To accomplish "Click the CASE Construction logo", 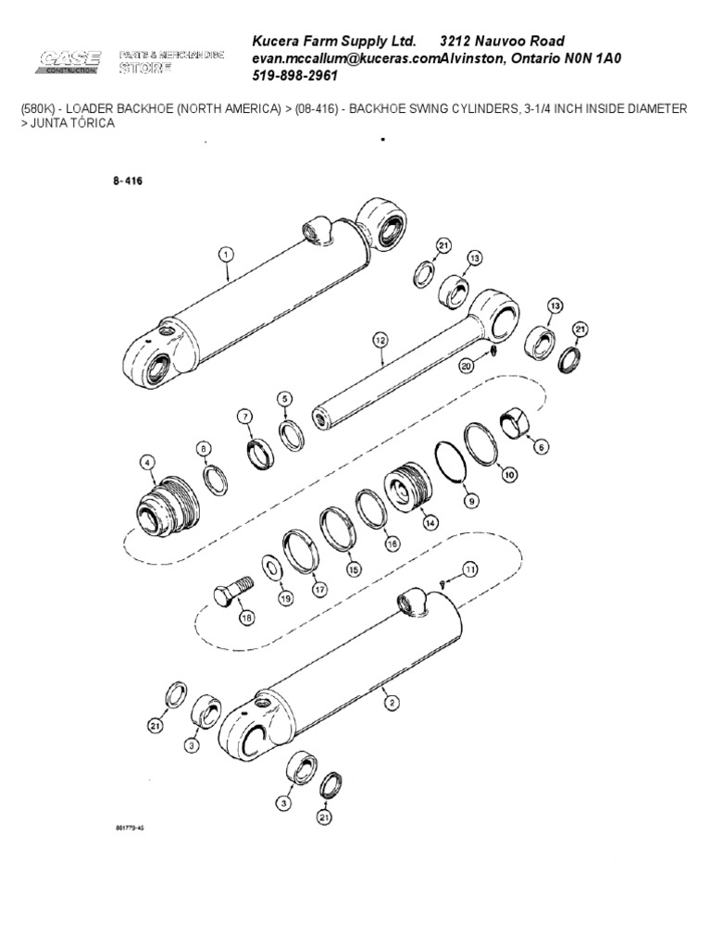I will [x=69, y=62].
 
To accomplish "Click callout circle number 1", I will [x=225, y=252].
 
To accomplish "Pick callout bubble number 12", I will [x=379, y=341].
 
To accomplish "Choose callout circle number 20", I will [x=467, y=366].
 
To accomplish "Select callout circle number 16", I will [x=392, y=545].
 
